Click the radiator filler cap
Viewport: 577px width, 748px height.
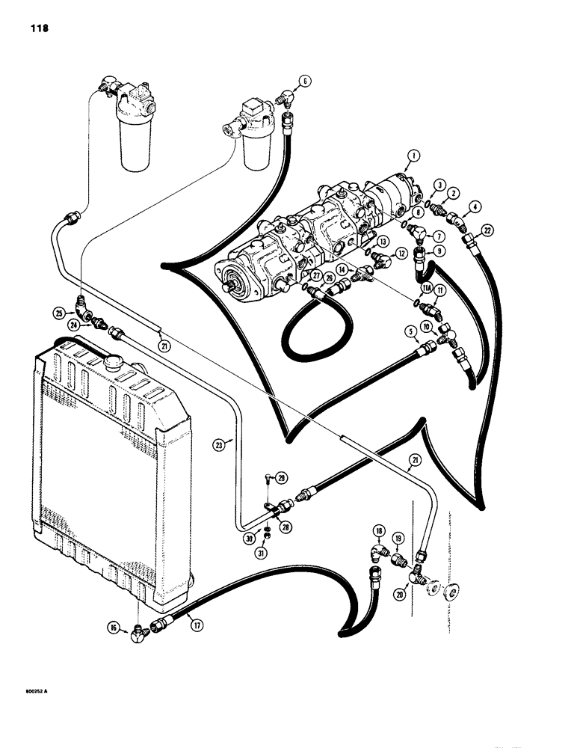[115, 364]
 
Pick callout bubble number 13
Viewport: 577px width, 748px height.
[382, 241]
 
